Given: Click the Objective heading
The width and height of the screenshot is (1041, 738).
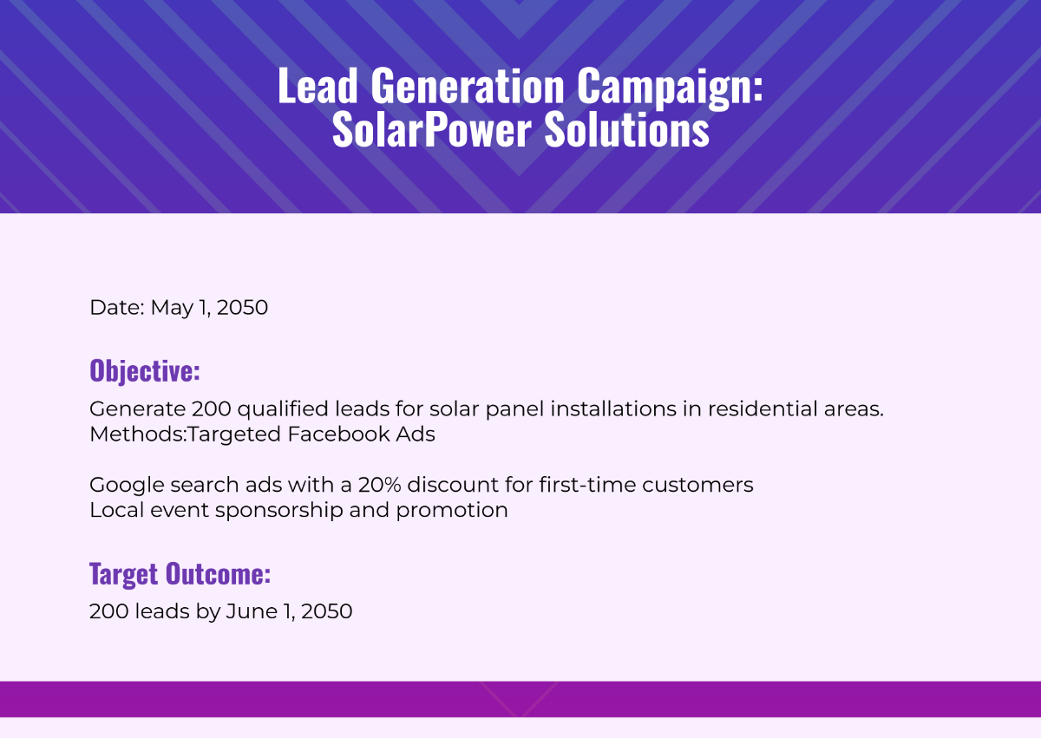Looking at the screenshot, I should pos(145,371).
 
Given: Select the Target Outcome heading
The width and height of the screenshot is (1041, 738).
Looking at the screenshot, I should pos(180,574).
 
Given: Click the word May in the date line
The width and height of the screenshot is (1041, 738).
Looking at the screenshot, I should pos(170,308).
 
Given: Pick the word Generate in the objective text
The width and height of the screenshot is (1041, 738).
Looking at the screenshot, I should pos(137,409).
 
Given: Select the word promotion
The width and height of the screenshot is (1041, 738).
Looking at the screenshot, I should pos(451,511).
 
